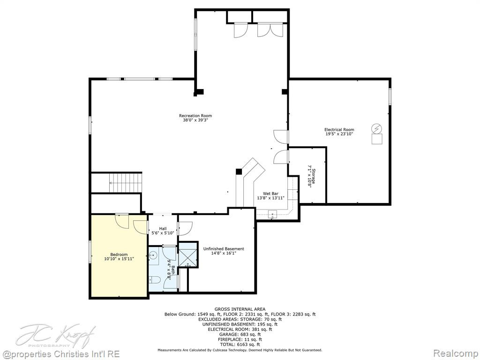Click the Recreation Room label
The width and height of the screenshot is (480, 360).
(x=195, y=115)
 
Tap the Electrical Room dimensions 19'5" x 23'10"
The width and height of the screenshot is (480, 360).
(x=339, y=134)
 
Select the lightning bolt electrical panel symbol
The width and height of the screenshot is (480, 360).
(x=377, y=128)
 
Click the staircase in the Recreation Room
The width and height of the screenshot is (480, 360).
(x=126, y=182)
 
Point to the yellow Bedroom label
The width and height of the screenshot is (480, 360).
(x=119, y=255)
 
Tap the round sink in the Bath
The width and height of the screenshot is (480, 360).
(x=153, y=255)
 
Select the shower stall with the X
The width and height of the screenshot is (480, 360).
(x=187, y=255)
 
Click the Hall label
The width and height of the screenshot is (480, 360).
(x=163, y=229)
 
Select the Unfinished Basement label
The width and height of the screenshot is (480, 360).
(x=224, y=249)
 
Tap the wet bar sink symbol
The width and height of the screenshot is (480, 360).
(x=272, y=214)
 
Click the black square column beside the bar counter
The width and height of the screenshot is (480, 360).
(x=239, y=172)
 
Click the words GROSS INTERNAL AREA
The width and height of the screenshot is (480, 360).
(x=240, y=309)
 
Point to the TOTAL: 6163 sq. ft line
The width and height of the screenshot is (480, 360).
(x=240, y=345)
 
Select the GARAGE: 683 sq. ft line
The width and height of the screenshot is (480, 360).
(x=240, y=334)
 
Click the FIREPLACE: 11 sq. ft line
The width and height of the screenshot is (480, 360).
(x=240, y=339)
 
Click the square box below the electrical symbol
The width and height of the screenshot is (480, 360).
(x=377, y=139)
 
